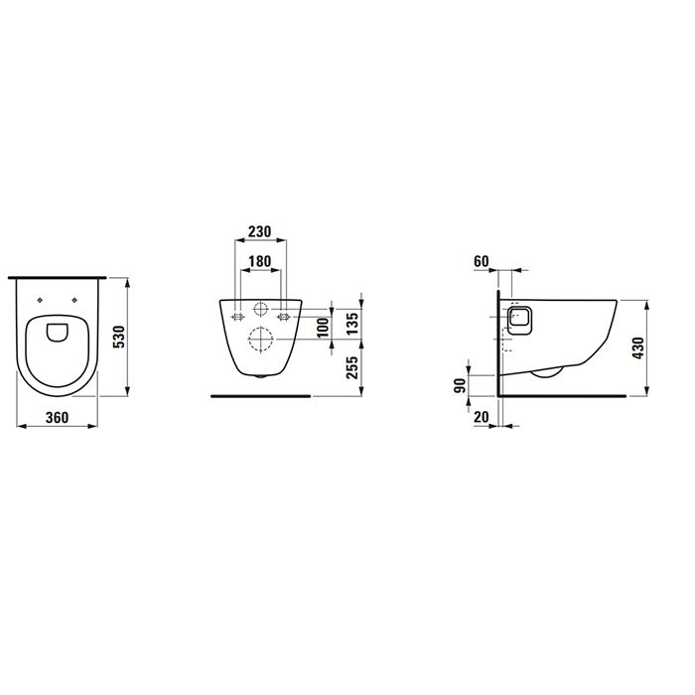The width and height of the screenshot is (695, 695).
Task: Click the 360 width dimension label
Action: [57, 418]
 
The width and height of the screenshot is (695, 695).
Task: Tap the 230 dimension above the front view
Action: [259, 231]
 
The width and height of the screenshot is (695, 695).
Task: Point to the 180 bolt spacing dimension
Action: [259, 261]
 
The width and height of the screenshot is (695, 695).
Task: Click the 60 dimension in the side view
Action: [482, 261]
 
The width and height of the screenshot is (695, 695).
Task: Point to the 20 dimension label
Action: [482, 418]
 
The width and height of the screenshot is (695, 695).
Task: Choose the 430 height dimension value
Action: [639, 347]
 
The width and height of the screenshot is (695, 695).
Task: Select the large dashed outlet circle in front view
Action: [259, 340]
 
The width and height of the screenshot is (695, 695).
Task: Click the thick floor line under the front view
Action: [261, 395]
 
